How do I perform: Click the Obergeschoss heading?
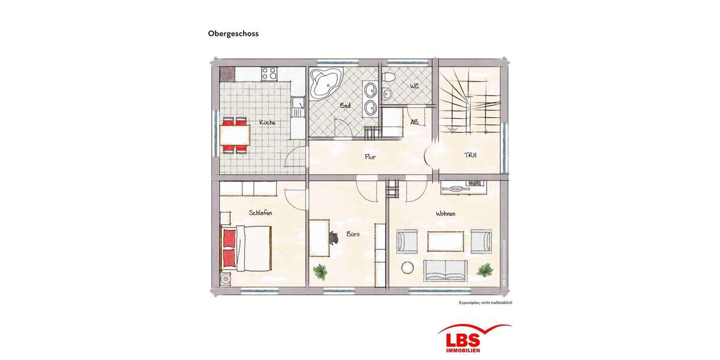pyautogui.click(x=233, y=34)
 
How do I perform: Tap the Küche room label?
pyautogui.click(x=267, y=122)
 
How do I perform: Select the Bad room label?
pyautogui.click(x=345, y=106)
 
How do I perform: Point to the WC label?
pyautogui.click(x=414, y=87)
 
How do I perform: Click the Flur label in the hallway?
pyautogui.click(x=370, y=157)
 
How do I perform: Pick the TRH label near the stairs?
pyautogui.click(x=470, y=155)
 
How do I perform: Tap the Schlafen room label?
pyautogui.click(x=262, y=212)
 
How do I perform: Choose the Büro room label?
pyautogui.click(x=352, y=235)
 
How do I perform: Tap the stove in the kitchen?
pyautogui.click(x=269, y=74)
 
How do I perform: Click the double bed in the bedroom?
pyautogui.click(x=247, y=247)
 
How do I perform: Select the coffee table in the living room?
pyautogui.click(x=445, y=241)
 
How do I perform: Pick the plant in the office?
pyautogui.click(x=321, y=271)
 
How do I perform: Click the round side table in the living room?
pyautogui.click(x=409, y=268)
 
